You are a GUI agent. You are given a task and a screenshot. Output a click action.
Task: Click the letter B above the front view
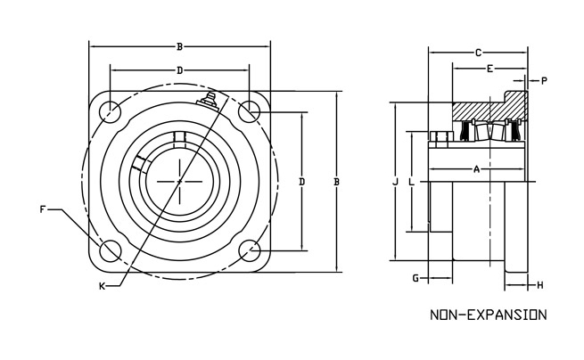click(x=180, y=45)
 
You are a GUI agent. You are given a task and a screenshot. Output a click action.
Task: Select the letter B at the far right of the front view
click(x=336, y=182)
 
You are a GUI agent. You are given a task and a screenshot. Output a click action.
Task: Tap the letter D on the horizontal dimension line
click(x=179, y=70)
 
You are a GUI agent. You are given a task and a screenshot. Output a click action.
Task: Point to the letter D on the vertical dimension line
click(x=302, y=182)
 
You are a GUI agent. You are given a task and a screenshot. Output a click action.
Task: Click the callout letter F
click(x=43, y=210)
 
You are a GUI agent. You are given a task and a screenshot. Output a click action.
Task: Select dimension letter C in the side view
click(x=478, y=53)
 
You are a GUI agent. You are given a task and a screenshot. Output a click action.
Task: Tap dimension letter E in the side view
click(x=489, y=69)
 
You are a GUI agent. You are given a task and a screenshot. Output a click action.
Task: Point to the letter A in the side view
click(x=476, y=168)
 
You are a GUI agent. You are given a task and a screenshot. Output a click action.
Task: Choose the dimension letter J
click(x=394, y=182)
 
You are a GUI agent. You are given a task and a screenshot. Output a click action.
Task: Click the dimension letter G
click(x=415, y=279)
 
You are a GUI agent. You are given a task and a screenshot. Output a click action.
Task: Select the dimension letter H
click(x=540, y=285)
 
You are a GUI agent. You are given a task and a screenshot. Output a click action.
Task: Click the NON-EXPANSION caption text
click(x=487, y=315)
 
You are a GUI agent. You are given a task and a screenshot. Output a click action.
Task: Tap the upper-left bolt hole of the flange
click(x=111, y=111)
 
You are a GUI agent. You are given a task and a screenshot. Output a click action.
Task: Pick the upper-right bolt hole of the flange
click(x=248, y=111)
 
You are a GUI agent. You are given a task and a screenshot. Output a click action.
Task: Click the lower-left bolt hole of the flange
click(x=111, y=250)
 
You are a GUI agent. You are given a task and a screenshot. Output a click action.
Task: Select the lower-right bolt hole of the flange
click(x=248, y=250)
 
